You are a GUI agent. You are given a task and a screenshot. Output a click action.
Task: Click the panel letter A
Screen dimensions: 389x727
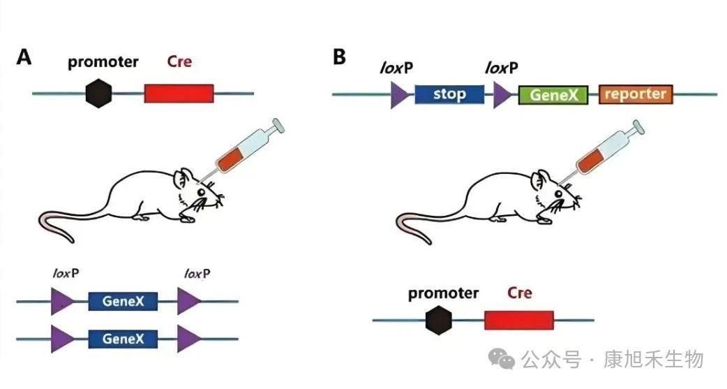click(24, 58)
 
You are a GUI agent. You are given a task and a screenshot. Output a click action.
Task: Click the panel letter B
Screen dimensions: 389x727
click(340, 57)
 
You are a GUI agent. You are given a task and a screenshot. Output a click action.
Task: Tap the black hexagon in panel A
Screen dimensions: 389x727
click(99, 94)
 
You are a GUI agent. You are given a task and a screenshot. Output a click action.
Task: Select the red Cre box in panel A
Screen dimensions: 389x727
click(179, 94)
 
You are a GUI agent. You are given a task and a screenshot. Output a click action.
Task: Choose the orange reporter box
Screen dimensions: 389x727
click(636, 94)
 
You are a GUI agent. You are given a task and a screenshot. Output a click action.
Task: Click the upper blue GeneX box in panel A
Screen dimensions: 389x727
click(123, 302)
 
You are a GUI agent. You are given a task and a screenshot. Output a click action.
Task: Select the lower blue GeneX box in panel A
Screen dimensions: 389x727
click(123, 339)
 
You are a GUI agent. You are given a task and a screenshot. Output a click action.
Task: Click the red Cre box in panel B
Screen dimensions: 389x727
click(518, 321)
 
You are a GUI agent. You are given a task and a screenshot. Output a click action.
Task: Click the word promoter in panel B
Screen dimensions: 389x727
click(443, 293)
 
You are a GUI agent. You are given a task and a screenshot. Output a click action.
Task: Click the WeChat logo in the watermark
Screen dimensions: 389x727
click(504, 360)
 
